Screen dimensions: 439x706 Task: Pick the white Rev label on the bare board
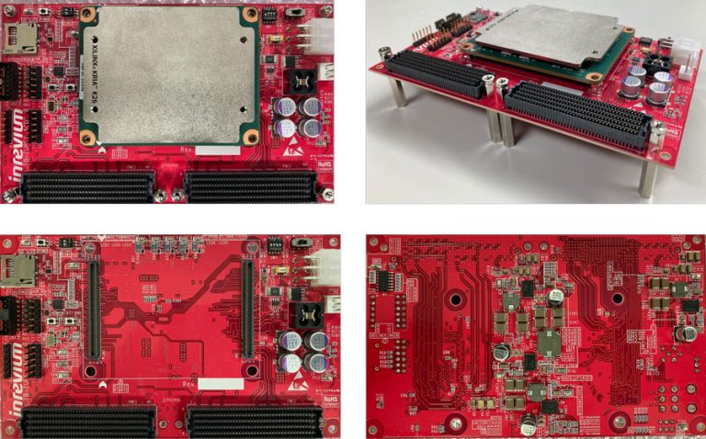click(222, 384)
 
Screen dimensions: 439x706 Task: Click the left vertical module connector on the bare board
click(93, 310)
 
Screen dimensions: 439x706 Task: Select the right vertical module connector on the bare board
click(247, 310)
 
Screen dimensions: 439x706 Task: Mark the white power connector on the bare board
click(325, 269)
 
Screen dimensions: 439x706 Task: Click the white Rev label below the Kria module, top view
click(222, 150)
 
